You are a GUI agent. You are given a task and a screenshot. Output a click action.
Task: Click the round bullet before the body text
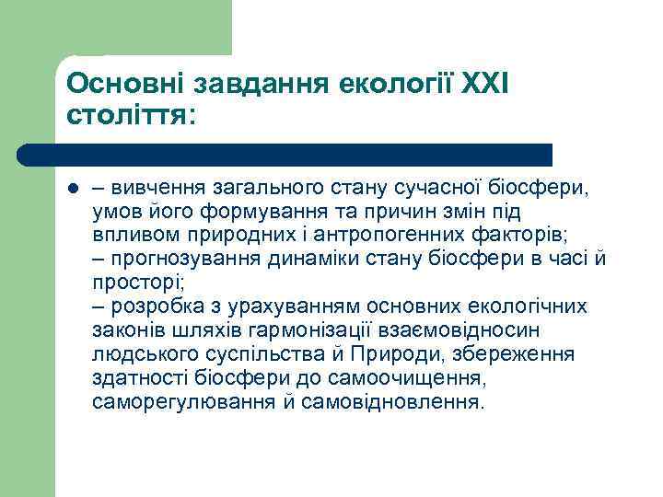click(73, 190)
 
